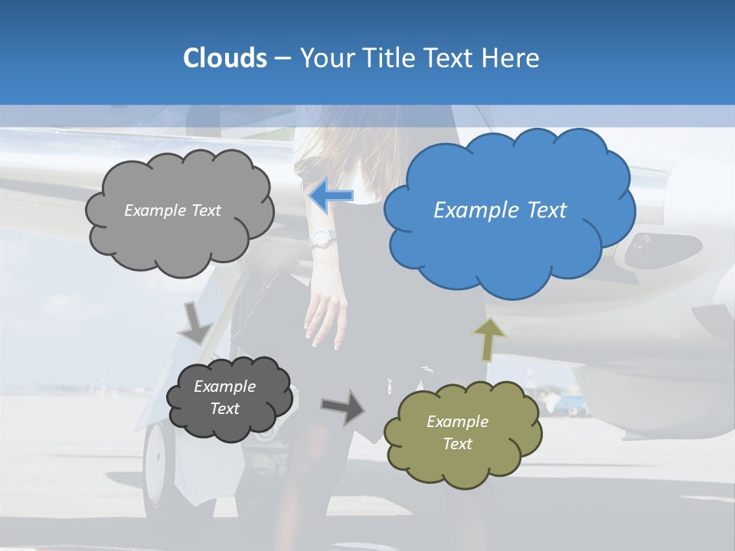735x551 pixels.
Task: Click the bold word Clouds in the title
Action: pos(224,58)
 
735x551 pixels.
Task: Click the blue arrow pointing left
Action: pos(331,196)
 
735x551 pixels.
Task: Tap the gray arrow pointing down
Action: pos(196,323)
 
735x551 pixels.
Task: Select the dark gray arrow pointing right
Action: pos(343,406)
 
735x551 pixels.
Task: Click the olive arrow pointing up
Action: pos(490,340)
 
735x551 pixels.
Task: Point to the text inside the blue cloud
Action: pos(500,210)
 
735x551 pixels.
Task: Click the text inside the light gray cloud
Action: pos(172,210)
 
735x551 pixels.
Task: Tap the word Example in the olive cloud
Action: pos(457,422)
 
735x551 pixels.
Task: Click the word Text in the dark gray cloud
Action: pos(225,409)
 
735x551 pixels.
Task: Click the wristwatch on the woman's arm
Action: pos(322,240)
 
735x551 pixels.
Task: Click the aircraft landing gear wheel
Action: pos(158,467)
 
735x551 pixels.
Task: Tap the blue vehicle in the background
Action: pos(567,404)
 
